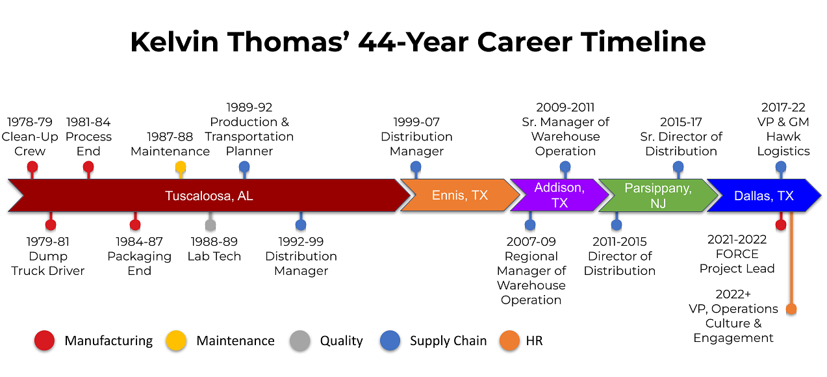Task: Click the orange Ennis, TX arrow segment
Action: (460, 196)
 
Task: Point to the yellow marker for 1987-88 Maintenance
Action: (181, 167)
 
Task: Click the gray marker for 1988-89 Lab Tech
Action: (210, 225)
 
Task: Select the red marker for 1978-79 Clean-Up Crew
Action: (32, 167)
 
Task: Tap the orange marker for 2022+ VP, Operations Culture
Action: (791, 309)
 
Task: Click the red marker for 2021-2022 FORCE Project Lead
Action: (781, 225)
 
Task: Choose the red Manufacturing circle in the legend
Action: (44, 341)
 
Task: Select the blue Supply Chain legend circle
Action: (390, 341)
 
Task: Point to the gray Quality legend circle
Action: (299, 341)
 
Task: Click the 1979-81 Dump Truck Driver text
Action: (48, 256)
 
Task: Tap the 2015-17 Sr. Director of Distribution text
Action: (681, 136)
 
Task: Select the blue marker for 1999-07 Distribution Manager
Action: (416, 167)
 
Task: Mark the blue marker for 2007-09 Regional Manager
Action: (530, 225)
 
